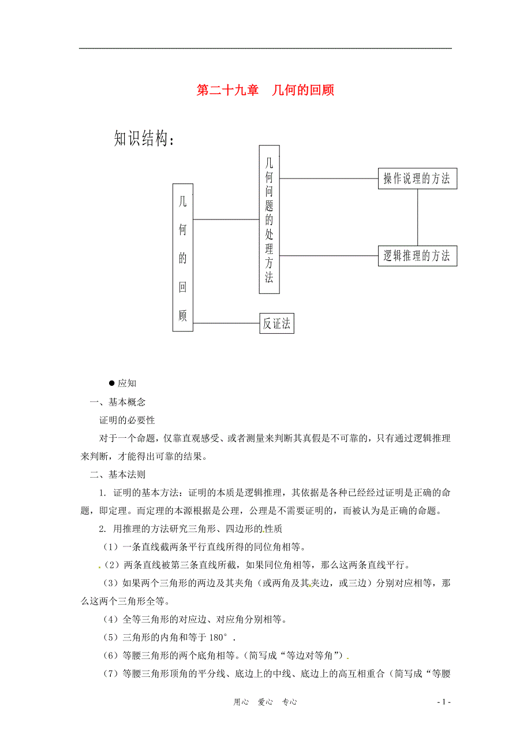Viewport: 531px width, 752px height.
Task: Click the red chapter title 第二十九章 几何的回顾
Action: point(265,91)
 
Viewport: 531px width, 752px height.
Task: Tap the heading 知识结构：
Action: point(144,139)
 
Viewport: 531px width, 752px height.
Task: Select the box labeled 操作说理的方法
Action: point(417,179)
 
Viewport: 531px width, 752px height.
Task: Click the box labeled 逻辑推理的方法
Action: point(417,256)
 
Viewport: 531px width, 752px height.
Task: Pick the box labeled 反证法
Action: point(276,324)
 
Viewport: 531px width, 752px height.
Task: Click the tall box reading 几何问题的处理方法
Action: point(269,219)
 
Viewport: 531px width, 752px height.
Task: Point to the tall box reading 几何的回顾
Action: point(183,257)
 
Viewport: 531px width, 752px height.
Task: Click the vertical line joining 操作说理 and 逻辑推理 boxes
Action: point(417,217)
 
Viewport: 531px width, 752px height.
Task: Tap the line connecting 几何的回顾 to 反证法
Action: point(226,323)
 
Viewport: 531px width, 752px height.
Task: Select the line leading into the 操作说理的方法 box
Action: point(328,179)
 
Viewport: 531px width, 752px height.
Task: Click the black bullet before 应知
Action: point(111,383)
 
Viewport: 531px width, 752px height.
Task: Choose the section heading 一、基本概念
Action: point(117,402)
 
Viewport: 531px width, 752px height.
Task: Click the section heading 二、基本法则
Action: point(117,475)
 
